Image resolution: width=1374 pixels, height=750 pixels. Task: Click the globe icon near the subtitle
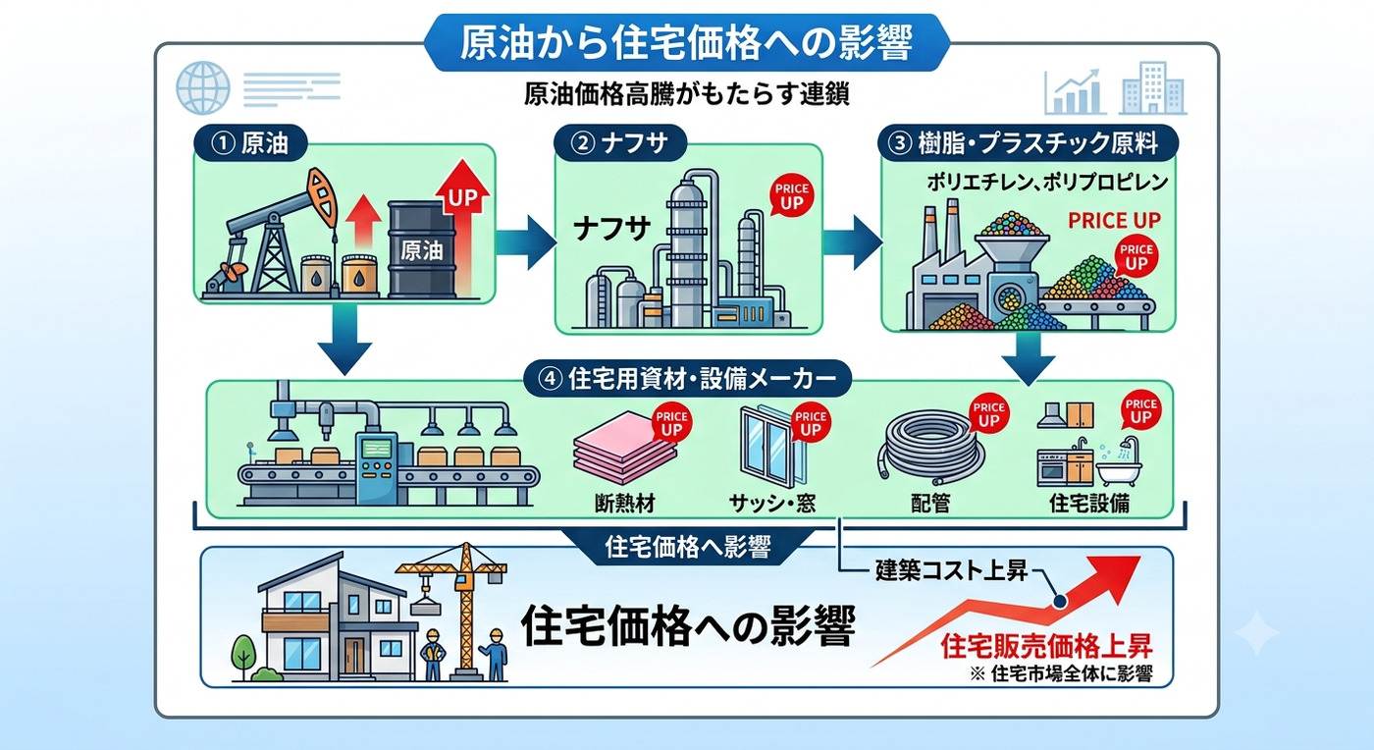pyautogui.click(x=203, y=87)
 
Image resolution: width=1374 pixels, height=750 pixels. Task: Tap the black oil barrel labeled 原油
pyautogui.click(x=421, y=249)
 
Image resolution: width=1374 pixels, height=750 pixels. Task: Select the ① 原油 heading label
pyautogui.click(x=250, y=143)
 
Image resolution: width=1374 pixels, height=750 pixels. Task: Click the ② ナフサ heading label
pyautogui.click(x=619, y=143)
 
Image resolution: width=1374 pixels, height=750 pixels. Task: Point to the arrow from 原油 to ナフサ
pyautogui.click(x=525, y=243)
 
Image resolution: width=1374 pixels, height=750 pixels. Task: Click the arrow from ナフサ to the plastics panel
pyautogui.click(x=852, y=243)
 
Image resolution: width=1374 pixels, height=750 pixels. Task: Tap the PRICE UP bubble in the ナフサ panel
pyautogui.click(x=791, y=195)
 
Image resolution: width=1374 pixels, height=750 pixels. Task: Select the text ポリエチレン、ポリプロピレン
pyautogui.click(x=1047, y=183)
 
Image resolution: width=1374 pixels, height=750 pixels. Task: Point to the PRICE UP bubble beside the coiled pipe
pyautogui.click(x=988, y=413)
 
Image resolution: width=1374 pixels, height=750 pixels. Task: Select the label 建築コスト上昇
pyautogui.click(x=951, y=570)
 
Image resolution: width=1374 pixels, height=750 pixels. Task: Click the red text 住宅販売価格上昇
pyautogui.click(x=1046, y=646)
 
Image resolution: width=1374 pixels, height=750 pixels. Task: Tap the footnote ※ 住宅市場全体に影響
pyautogui.click(x=1061, y=673)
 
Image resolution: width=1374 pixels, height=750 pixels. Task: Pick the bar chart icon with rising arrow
pyautogui.click(x=1075, y=92)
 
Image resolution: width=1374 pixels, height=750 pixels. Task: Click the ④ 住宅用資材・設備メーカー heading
pyautogui.click(x=688, y=379)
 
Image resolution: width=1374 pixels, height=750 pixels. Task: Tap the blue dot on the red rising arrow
pyautogui.click(x=1059, y=602)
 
